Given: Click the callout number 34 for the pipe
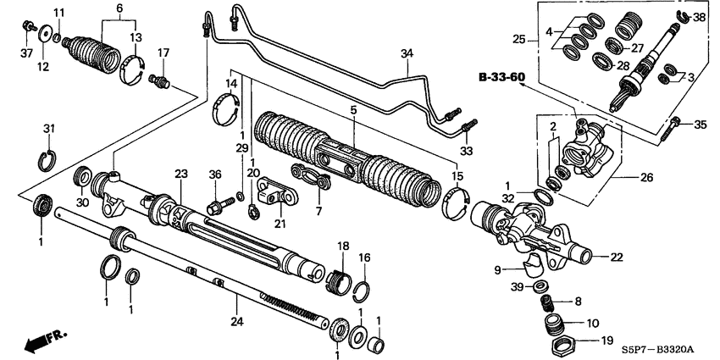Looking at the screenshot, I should point(407,54).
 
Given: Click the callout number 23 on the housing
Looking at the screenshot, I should point(180,173).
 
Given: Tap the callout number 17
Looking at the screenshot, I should point(164,53).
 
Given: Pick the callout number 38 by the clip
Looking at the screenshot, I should point(699,16).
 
